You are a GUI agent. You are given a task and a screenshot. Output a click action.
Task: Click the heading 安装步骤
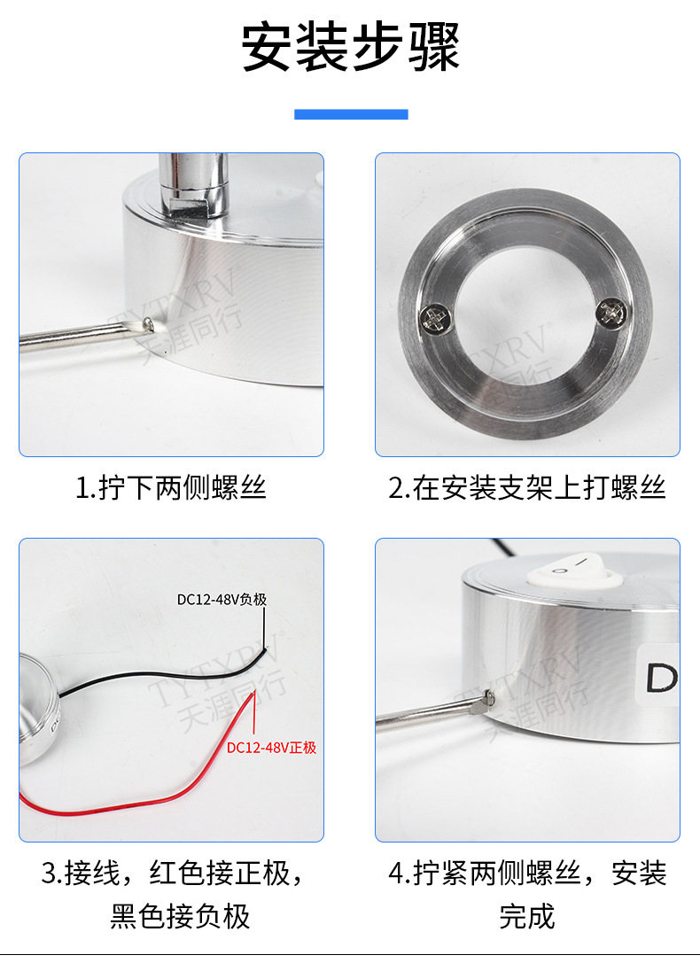click(x=351, y=47)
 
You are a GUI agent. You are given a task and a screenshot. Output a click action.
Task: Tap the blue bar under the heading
click(x=351, y=114)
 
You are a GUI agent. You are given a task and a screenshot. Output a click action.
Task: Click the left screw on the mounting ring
click(x=436, y=319)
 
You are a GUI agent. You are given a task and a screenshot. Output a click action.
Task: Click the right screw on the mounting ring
click(x=612, y=312)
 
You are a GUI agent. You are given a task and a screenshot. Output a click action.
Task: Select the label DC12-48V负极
click(x=222, y=600)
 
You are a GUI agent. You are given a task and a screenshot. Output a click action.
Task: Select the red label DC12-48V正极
click(x=271, y=748)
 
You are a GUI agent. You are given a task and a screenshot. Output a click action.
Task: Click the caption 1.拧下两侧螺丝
click(x=171, y=488)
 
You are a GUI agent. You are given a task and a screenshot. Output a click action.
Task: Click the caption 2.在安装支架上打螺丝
click(x=527, y=488)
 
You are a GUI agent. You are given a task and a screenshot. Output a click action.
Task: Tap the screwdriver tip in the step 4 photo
click(x=487, y=700)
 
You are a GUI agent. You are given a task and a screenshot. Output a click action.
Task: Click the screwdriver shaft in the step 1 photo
click(x=80, y=337)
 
